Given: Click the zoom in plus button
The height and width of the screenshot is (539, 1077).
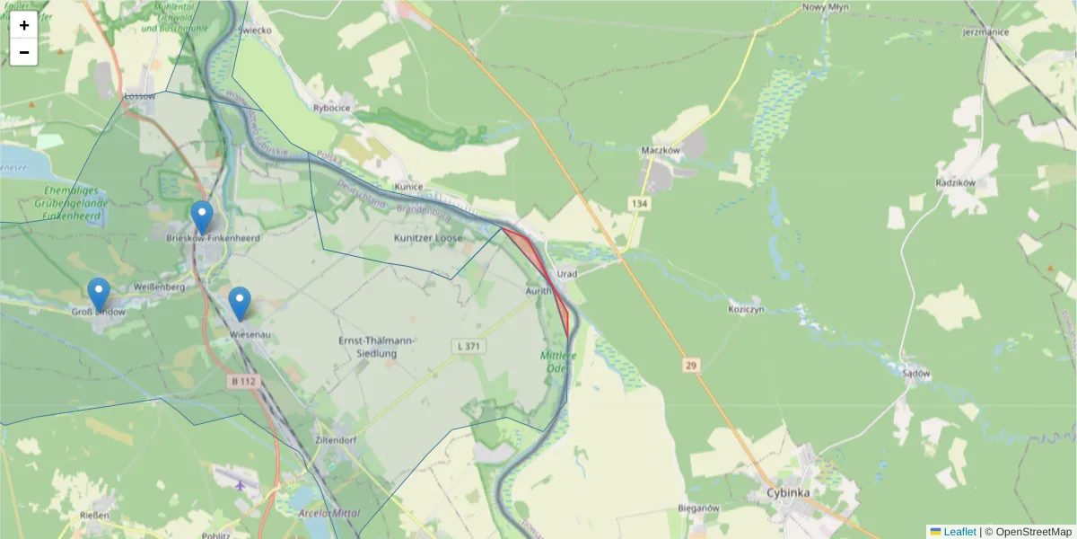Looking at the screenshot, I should tap(24, 25).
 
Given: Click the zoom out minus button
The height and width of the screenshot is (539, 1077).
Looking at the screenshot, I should tap(24, 52).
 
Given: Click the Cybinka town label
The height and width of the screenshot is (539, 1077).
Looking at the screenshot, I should tap(788, 493).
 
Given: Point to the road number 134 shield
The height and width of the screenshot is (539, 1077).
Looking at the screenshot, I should tap(639, 205).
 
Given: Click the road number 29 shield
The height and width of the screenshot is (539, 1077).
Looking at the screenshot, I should tap(689, 365).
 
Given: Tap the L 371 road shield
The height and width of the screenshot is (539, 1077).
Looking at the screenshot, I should tap(466, 346).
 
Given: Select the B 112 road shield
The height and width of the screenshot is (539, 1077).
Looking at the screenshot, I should tap(242, 382).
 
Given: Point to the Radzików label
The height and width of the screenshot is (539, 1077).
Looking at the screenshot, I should tap(955, 181).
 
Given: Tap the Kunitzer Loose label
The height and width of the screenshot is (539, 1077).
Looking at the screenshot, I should tap(428, 238).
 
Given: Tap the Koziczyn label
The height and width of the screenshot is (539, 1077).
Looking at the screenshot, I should tap(746, 309).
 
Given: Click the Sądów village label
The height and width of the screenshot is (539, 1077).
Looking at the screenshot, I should tap(916, 373).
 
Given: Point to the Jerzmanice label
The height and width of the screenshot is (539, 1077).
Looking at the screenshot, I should tap(985, 32).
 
